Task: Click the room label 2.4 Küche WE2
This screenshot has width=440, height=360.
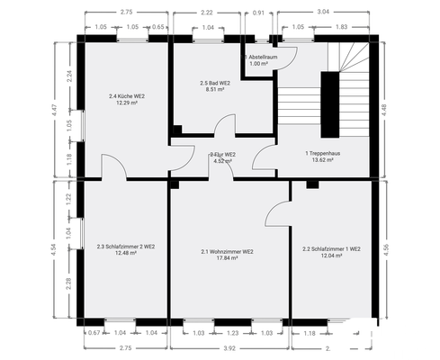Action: tap(125, 96)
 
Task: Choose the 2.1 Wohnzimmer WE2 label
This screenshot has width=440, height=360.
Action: tap(227, 251)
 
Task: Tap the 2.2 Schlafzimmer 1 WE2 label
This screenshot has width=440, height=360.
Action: tap(331, 248)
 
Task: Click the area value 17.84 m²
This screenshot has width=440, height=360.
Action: tap(227, 258)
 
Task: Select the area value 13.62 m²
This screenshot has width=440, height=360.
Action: tap(322, 160)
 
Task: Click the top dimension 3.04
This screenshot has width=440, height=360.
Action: tap(323, 13)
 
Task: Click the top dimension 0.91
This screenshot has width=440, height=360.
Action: tap(259, 13)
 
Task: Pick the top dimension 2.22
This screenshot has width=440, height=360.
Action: tap(207, 13)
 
